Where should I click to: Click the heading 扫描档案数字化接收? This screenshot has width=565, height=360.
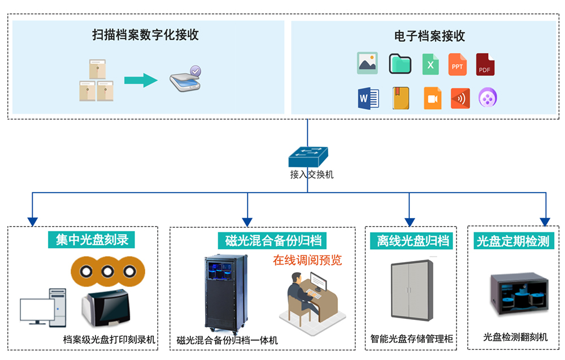pyautogui.click(x=145, y=35)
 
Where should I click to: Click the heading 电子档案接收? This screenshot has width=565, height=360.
pyautogui.click(x=429, y=36)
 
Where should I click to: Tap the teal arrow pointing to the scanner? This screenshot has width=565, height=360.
pyautogui.click(x=140, y=80)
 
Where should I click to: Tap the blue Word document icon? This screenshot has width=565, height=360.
pyautogui.click(x=367, y=98)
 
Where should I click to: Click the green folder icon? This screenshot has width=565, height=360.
pyautogui.click(x=399, y=64)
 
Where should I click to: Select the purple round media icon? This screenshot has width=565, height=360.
pyautogui.click(x=488, y=98)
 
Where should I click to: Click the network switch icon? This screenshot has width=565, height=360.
pyautogui.click(x=308, y=156)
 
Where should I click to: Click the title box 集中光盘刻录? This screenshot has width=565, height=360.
pyautogui.click(x=92, y=240)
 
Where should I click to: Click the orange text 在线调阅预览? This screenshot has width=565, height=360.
pyautogui.click(x=307, y=260)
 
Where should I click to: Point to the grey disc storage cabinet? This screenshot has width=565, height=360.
pyautogui.click(x=412, y=290)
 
